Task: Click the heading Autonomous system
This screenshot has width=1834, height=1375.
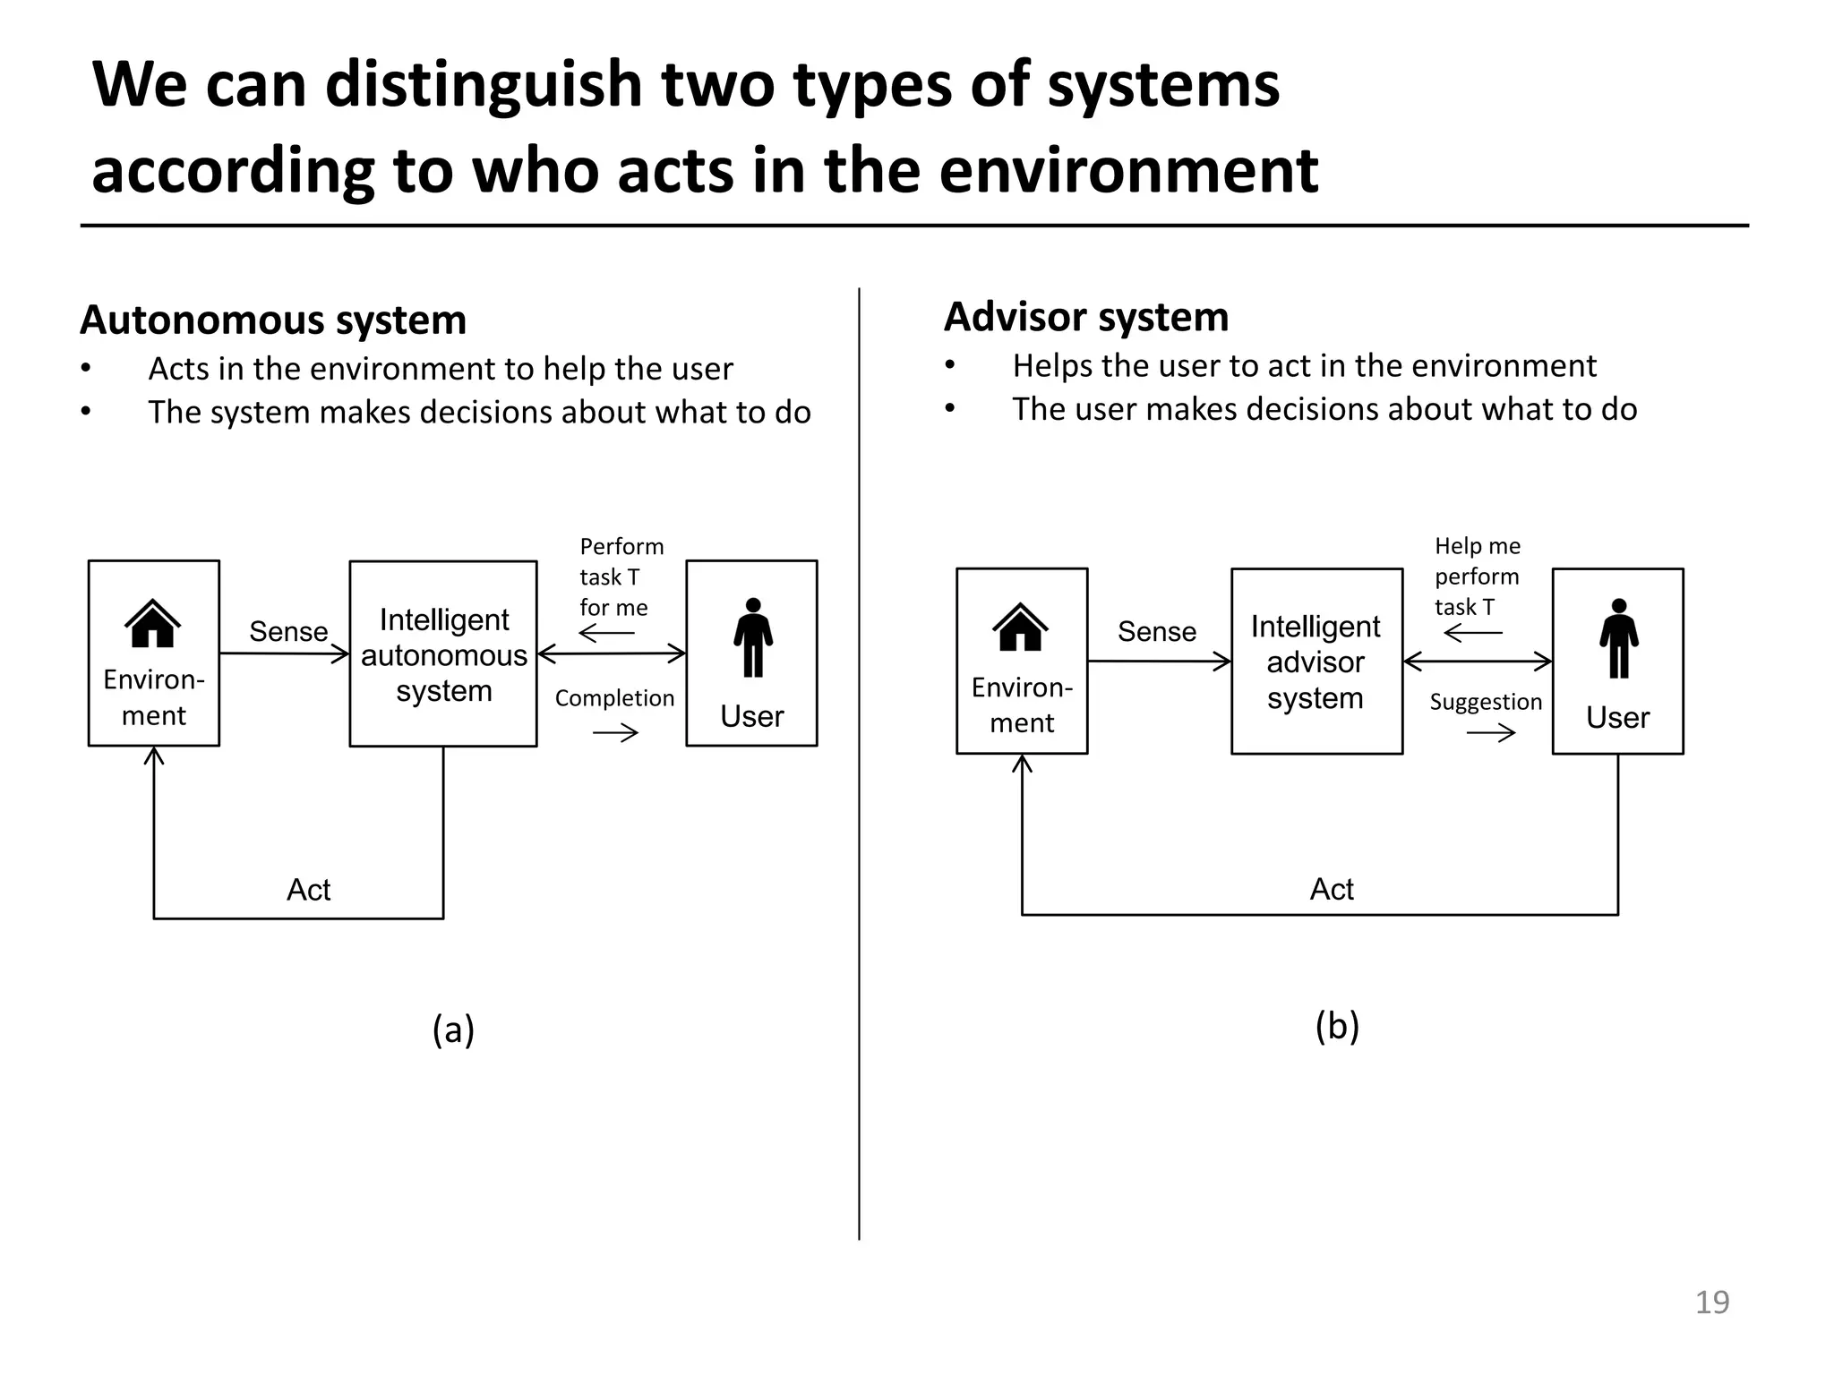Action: [273, 320]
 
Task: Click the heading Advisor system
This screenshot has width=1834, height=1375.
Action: [1085, 317]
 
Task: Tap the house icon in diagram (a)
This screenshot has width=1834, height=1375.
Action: [153, 623]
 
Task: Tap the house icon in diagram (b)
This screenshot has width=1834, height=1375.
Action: [1020, 628]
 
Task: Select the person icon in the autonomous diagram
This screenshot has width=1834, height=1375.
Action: [752, 637]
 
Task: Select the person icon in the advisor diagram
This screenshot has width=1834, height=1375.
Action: [1618, 638]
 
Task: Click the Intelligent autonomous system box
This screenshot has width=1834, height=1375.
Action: [443, 654]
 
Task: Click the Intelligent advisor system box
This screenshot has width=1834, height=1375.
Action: [1316, 662]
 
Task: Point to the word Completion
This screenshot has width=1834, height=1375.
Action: [614, 698]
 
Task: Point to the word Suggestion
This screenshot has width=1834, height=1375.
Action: [1486, 702]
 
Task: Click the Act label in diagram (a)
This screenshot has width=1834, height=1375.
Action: [308, 890]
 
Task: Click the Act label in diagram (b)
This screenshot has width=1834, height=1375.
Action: [1332, 889]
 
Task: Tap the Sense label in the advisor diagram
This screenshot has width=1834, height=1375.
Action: [1156, 632]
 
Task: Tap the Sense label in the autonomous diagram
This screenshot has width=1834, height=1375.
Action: [288, 632]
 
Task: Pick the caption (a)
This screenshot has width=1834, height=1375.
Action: [453, 1029]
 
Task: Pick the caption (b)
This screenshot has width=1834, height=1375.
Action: [1337, 1026]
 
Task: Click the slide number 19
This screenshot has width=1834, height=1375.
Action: [1711, 1302]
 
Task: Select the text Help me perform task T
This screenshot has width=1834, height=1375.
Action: [1476, 576]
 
